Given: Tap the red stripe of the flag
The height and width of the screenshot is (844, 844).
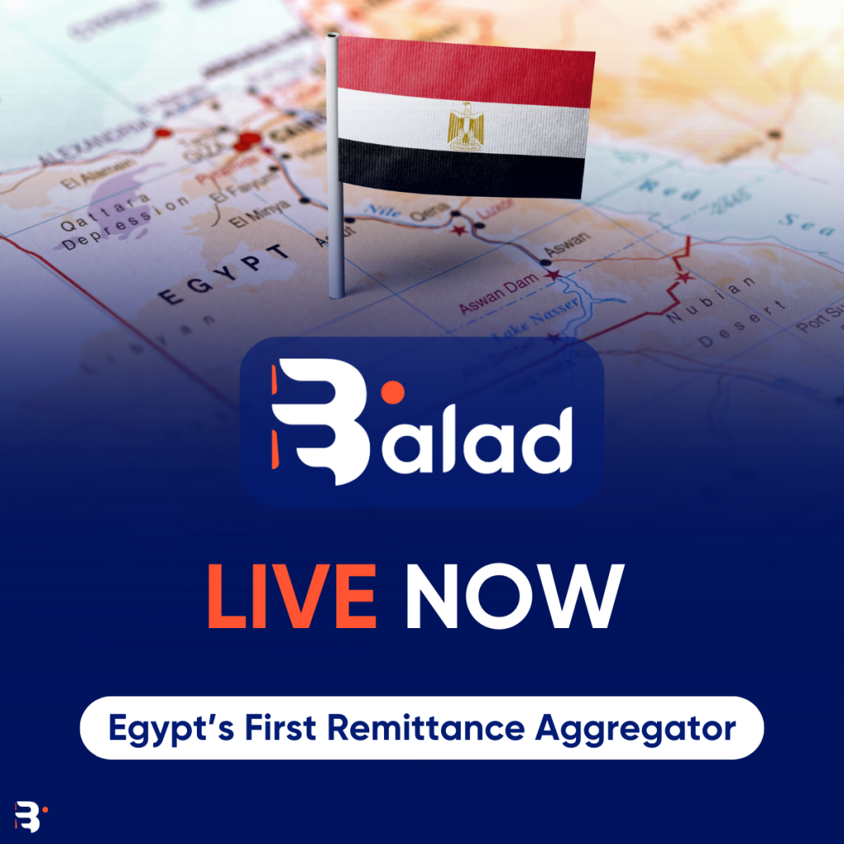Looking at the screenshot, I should point(466,69).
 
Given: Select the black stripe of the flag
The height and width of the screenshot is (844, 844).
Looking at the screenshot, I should point(462,169).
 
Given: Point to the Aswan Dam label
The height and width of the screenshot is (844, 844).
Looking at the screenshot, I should point(499,293).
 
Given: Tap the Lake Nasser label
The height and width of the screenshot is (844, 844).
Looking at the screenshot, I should point(536,321).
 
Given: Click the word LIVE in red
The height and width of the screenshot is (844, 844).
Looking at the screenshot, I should point(292,596).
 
